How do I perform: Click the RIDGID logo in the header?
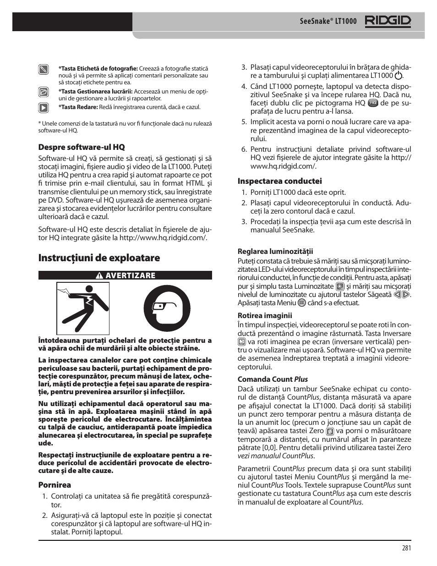point(388,21)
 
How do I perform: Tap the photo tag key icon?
point(44,70)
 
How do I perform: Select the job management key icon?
point(44,92)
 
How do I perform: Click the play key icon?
point(44,108)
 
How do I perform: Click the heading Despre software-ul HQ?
point(81,147)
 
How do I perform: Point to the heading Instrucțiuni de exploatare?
point(99,258)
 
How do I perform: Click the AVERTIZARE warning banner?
point(125,275)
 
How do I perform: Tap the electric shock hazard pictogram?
point(83,308)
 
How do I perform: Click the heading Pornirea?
point(55,485)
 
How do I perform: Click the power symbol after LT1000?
point(399,76)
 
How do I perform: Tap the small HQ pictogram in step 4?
point(373,103)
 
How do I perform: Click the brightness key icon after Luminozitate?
point(339,286)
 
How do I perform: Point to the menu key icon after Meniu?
point(301,302)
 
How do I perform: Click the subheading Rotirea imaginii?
point(264,315)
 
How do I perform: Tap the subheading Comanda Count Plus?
point(273,379)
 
